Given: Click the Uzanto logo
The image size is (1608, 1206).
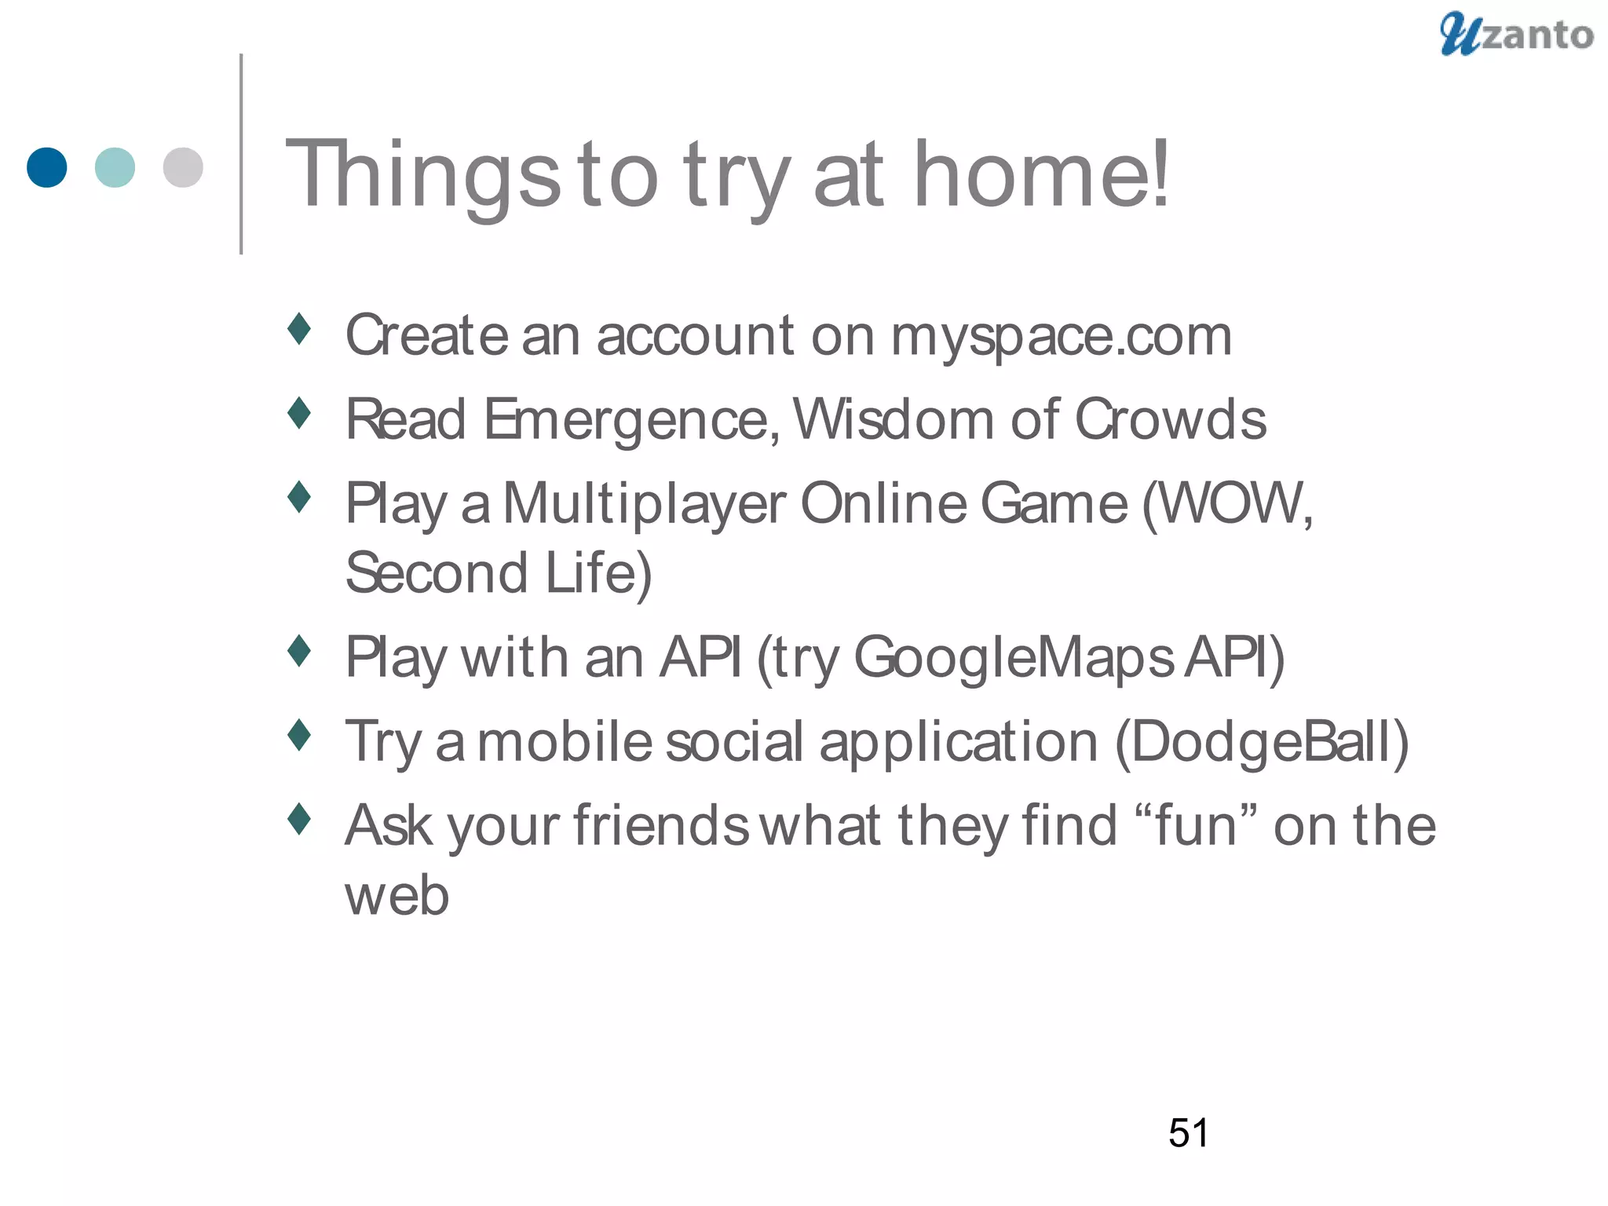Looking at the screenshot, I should tap(1515, 35).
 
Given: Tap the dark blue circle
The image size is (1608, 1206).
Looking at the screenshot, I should tap(46, 167).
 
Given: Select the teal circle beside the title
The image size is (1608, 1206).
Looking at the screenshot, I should tap(115, 167).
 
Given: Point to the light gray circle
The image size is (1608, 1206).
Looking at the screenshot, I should tap(183, 167).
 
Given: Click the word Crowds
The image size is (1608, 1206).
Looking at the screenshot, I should tap(1170, 419).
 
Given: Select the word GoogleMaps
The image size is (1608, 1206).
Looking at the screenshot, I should tap(1014, 659).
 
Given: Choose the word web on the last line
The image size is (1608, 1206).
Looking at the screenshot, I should tap(397, 896).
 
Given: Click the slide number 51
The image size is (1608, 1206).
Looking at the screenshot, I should tap(1188, 1133).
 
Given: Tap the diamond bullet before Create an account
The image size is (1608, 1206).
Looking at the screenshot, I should tap(299, 329).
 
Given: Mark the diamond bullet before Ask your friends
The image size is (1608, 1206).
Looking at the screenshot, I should tap(299, 819).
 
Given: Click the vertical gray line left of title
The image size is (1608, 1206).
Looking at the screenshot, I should tap(241, 154).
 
